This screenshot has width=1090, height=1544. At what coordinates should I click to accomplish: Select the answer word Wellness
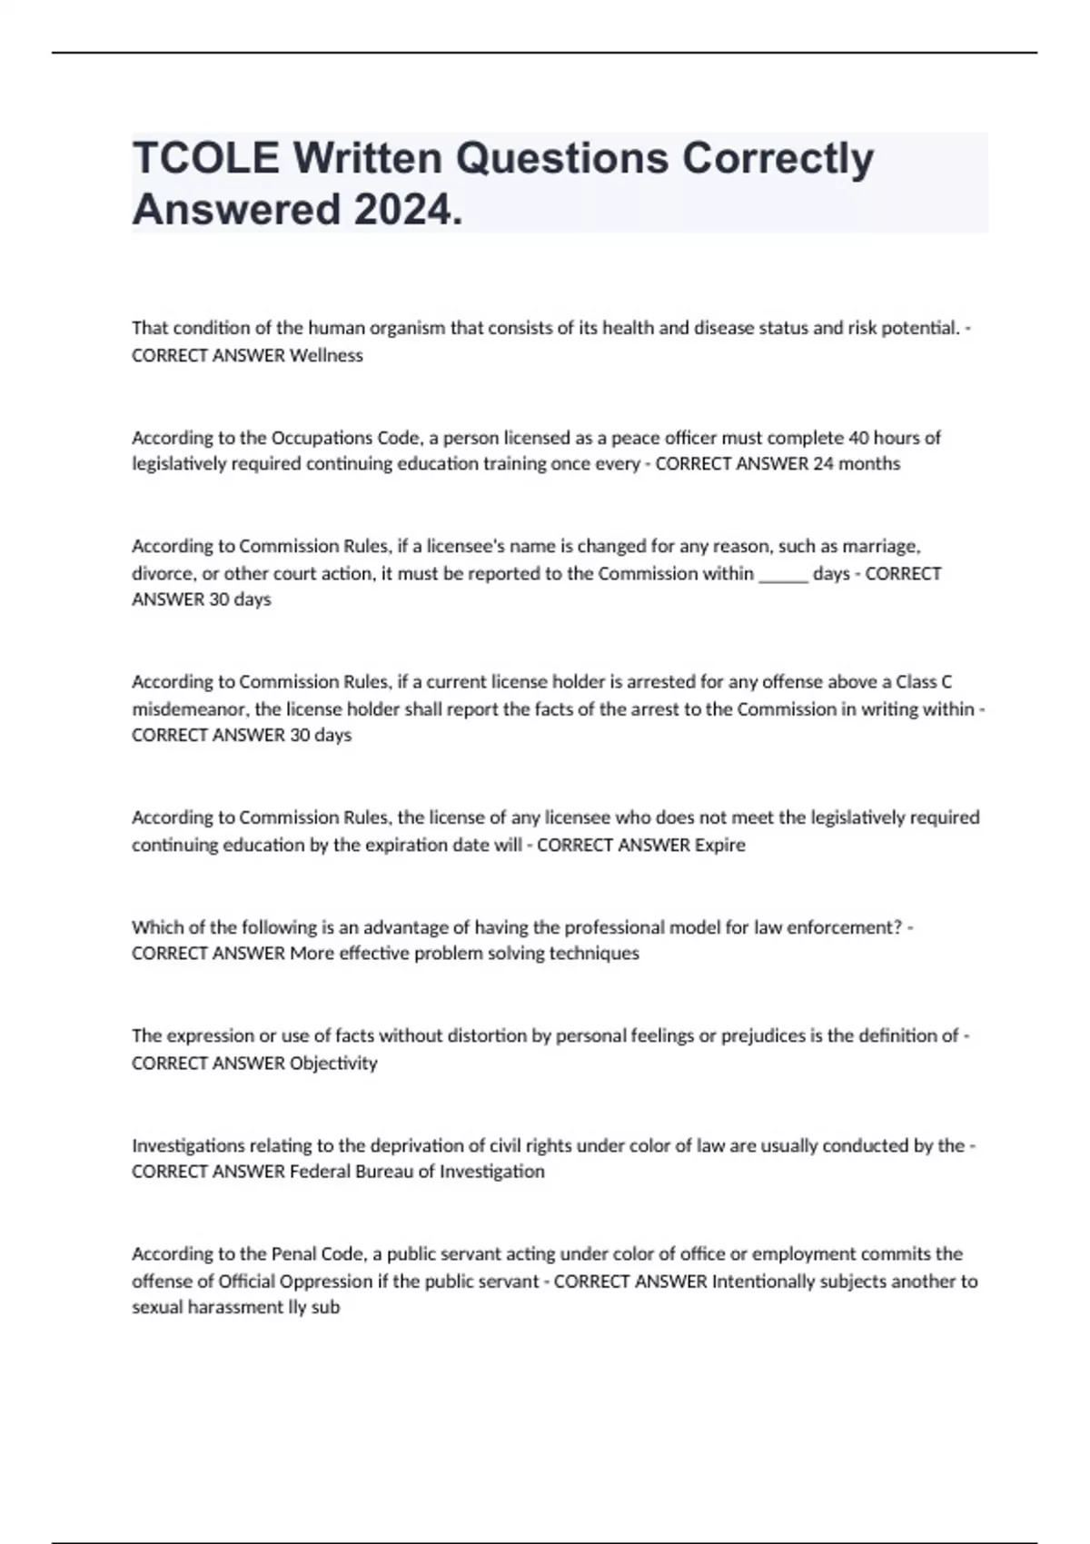pos(326,356)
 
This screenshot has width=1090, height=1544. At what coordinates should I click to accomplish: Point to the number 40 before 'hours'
pos(858,438)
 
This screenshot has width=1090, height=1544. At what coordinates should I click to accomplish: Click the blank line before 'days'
pos(782,574)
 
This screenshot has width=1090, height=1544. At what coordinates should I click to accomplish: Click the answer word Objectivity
pos(332,1064)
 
